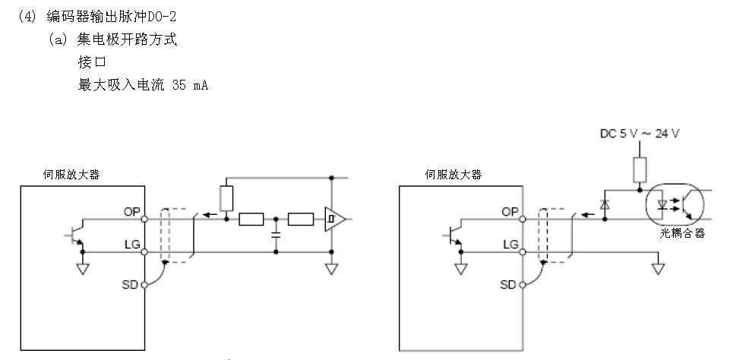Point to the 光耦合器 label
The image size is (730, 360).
[x=683, y=233]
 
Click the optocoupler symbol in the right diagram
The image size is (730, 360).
[x=675, y=203]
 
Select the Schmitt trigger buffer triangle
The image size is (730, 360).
[x=333, y=220]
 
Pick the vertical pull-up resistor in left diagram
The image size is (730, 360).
[x=226, y=197]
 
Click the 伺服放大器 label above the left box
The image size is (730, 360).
[x=71, y=174]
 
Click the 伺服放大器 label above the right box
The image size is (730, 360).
[x=452, y=174]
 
